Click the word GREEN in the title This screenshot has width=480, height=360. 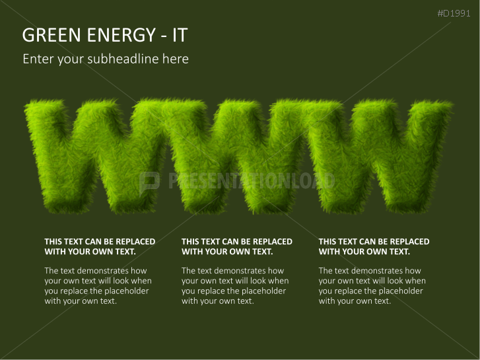click(x=49, y=35)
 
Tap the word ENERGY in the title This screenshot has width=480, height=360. click(x=114, y=35)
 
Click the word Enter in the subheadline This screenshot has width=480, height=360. click(x=38, y=59)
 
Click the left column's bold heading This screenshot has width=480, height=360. click(x=99, y=246)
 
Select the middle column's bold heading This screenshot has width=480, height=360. click(x=236, y=246)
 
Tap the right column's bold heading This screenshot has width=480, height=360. click(x=374, y=246)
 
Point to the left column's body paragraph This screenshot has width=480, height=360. click(x=96, y=285)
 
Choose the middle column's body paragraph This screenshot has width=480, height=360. click(x=234, y=285)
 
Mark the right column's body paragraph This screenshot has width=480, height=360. click(x=371, y=285)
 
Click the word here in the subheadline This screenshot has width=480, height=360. click(x=176, y=59)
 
